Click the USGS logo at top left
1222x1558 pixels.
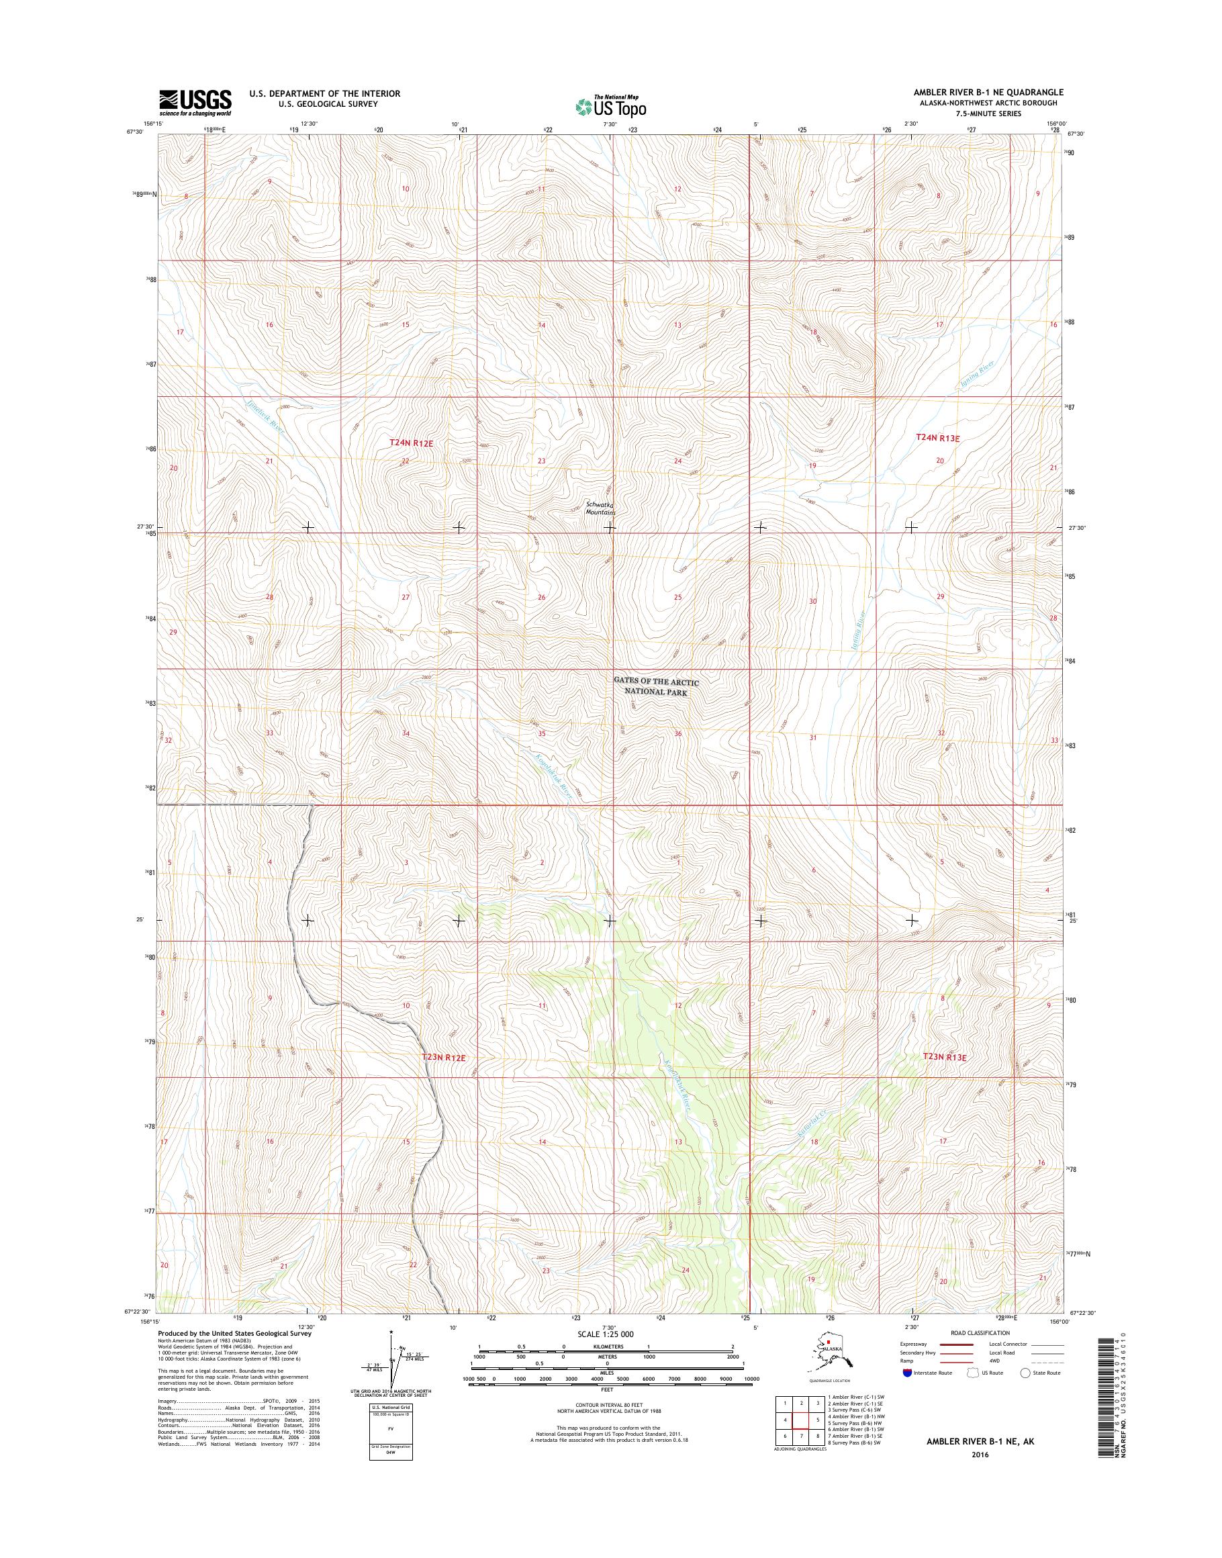[195, 101]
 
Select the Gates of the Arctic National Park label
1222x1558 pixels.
[656, 687]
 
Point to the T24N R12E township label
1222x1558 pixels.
[412, 443]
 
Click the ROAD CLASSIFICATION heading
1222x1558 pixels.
[980, 1333]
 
